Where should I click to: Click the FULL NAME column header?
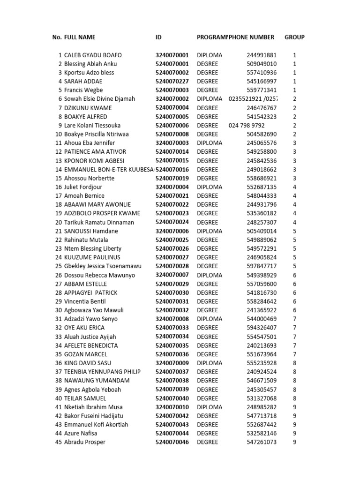[80, 37]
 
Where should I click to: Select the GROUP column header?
[294, 37]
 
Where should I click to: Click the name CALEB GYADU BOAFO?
[93, 55]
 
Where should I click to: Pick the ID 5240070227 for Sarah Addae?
[172, 81]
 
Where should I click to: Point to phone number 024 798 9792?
[247, 125]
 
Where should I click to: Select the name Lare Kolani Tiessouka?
[92, 125]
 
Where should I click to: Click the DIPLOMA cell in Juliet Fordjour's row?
[210, 187]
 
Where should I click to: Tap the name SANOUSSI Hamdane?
[91, 231]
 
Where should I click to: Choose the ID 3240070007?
[172, 275]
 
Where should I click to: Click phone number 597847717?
[262, 266]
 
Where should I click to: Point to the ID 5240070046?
[172, 442]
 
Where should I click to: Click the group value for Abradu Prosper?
[294, 442]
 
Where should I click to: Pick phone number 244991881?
[262, 55]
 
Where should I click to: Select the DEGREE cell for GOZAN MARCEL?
[207, 354]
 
